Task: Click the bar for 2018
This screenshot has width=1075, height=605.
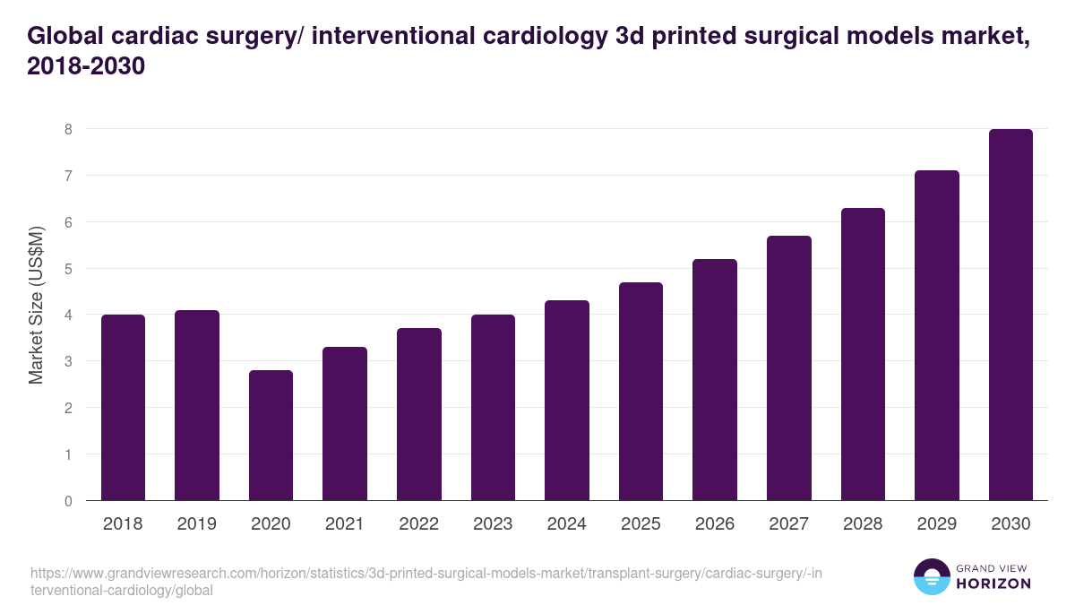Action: coord(123,408)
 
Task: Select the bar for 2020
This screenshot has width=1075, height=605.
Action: coord(271,436)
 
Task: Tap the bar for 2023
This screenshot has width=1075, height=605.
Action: coord(493,408)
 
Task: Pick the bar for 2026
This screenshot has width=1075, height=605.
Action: coord(715,380)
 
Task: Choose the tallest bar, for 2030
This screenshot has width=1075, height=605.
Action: coord(1010,315)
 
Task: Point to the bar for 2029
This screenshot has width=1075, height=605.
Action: coord(937,335)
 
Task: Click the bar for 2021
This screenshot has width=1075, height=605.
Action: coord(345,424)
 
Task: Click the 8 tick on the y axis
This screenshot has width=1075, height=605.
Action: coord(67,129)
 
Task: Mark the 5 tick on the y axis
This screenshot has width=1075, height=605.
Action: coord(67,269)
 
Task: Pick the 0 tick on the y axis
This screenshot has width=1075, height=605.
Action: coord(67,501)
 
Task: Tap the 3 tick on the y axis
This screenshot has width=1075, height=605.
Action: coord(67,361)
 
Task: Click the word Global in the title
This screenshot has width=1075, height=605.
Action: coord(66,35)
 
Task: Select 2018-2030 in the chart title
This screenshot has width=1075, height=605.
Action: coord(86,66)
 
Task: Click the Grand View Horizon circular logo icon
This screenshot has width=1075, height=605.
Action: coord(932,577)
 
